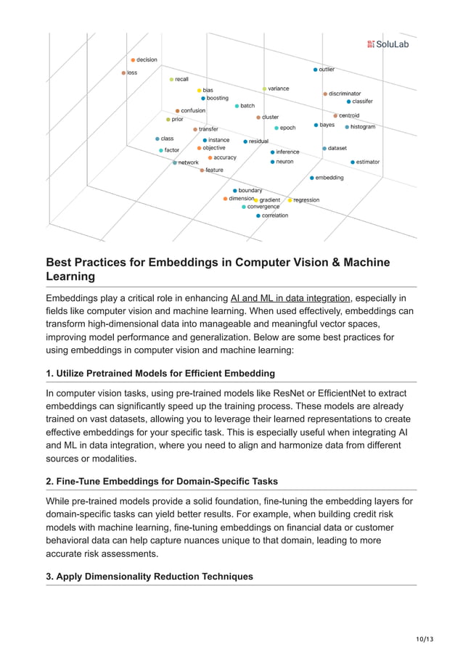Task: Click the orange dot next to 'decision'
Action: [133, 59]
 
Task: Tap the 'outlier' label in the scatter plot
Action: [327, 70]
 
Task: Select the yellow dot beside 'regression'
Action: [290, 200]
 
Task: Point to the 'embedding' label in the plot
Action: [329, 178]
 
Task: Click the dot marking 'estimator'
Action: [353, 162]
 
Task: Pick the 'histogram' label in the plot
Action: [363, 127]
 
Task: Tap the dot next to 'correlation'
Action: [258, 215]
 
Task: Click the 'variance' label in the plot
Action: [278, 88]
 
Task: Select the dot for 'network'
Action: [175, 162]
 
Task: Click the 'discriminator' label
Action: [345, 94]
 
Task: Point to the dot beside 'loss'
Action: [124, 73]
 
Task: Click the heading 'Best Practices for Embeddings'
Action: [218, 269]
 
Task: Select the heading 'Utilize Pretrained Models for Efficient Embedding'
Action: [160, 374]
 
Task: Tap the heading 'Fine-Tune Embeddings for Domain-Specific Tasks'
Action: [162, 482]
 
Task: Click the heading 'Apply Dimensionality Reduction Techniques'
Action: [149, 577]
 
